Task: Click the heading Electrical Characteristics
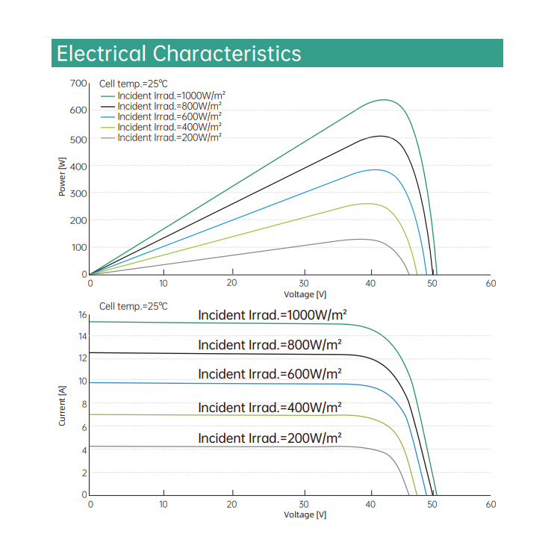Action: click(x=179, y=54)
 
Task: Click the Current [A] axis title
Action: click(x=63, y=405)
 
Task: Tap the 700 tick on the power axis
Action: click(x=78, y=83)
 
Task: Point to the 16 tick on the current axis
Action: click(x=83, y=315)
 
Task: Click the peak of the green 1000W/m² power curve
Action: click(x=385, y=100)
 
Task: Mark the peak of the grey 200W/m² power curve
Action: click(x=361, y=239)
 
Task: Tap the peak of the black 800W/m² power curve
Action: click(x=381, y=136)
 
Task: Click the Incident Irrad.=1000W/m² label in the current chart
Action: click(x=273, y=315)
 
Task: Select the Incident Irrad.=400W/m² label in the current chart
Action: click(x=270, y=408)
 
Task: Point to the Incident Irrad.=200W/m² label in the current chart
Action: click(x=270, y=438)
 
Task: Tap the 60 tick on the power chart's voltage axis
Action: click(x=491, y=284)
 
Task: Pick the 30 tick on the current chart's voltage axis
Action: click(x=304, y=504)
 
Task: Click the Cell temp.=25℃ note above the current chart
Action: click(x=134, y=306)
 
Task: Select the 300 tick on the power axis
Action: click(x=78, y=193)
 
